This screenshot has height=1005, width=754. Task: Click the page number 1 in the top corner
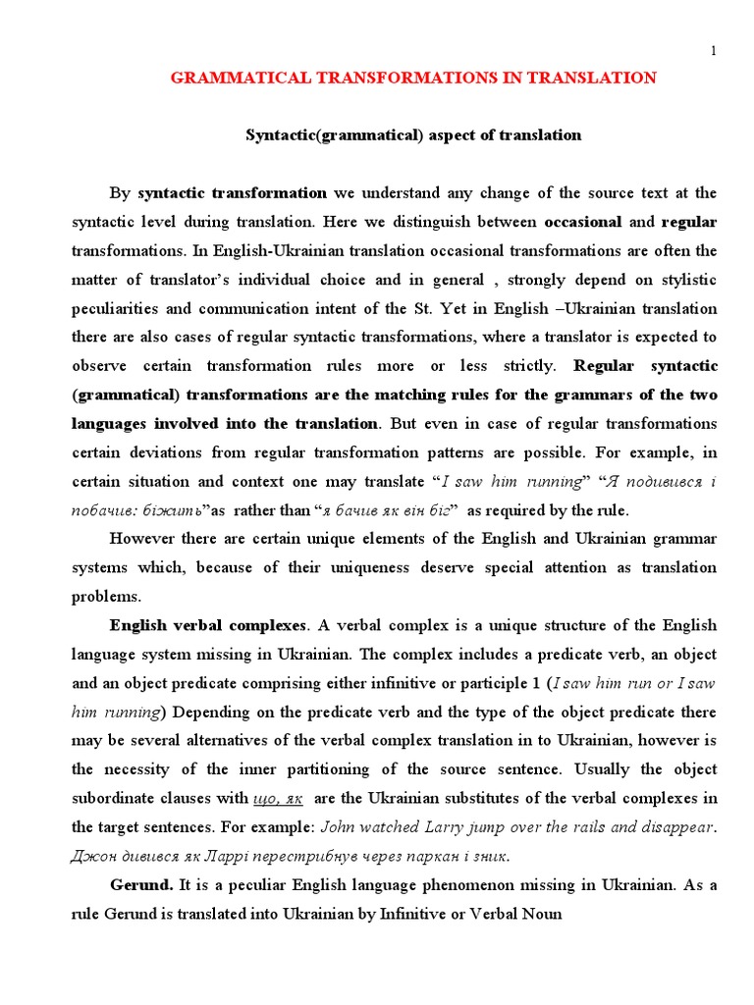714,50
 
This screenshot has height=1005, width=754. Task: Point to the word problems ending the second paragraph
106,596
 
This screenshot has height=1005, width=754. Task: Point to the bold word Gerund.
141,884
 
